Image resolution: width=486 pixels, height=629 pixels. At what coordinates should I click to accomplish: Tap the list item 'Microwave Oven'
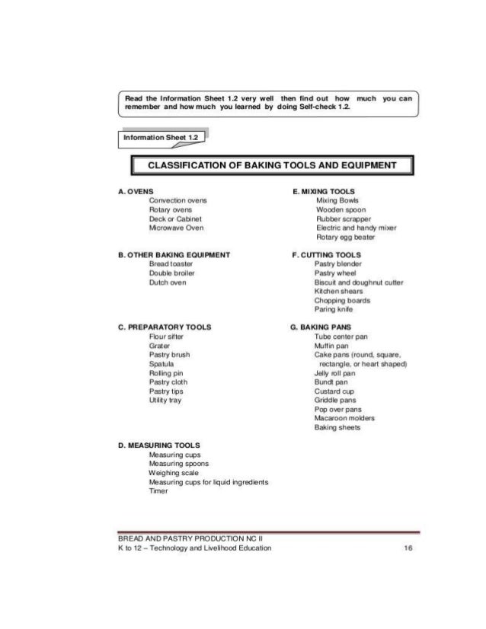click(176, 227)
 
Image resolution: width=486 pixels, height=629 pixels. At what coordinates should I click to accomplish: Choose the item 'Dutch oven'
click(168, 282)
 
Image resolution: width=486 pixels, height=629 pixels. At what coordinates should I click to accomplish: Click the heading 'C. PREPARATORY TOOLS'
click(165, 327)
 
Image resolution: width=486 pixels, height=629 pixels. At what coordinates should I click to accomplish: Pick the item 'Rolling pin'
click(167, 372)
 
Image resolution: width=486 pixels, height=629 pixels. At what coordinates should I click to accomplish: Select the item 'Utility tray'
click(167, 399)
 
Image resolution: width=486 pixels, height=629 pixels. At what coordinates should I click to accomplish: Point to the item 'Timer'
click(158, 490)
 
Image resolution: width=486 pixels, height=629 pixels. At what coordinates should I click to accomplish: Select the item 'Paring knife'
click(334, 309)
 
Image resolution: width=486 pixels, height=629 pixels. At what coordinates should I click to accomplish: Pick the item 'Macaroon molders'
click(344, 417)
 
